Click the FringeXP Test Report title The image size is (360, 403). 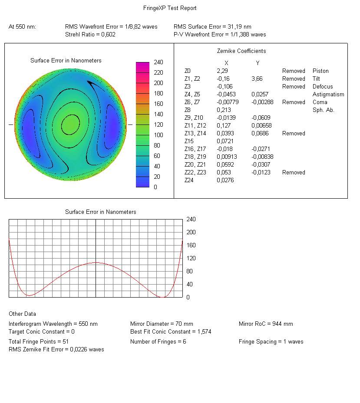tap(170, 8)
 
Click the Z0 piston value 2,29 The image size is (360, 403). tap(222, 71)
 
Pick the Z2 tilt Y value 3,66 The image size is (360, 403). tap(257, 79)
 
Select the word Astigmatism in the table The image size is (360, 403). tap(328, 95)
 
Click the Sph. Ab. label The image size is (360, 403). tap(323, 110)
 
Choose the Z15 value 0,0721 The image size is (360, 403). tap(225, 141)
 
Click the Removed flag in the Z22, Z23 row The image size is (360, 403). tap(294, 173)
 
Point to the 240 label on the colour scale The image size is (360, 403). tap(159, 62)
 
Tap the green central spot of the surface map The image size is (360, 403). tap(70, 125)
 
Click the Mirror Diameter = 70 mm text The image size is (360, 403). tap(162, 324)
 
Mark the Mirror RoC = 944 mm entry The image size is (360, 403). tap(266, 324)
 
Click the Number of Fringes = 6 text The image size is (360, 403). tap(158, 342)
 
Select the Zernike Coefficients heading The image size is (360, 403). tap(241, 51)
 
